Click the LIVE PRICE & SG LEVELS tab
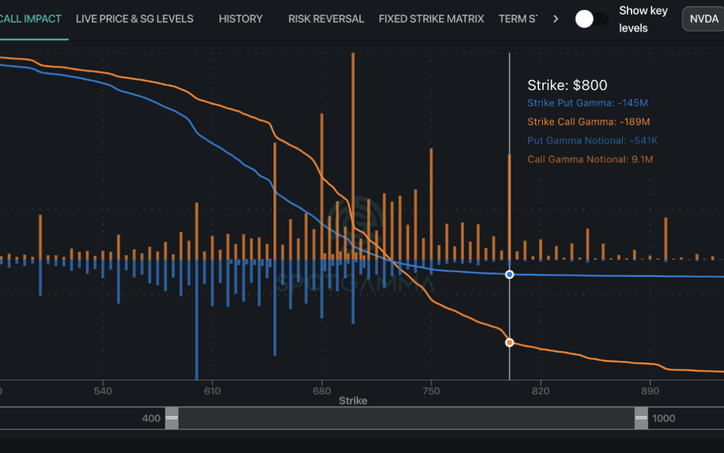[134, 19]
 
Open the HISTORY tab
[241, 19]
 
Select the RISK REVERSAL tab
[326, 19]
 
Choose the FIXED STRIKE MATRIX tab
[431, 19]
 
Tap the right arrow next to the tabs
[556, 19]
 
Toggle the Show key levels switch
[591, 19]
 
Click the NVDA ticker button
[704, 19]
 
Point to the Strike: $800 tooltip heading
[567, 85]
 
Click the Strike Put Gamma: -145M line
[587, 103]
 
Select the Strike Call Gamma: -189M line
[589, 122]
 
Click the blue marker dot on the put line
[509, 274]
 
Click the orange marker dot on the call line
[509, 342]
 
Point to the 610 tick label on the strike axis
[212, 391]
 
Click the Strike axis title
[353, 401]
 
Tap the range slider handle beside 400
[172, 418]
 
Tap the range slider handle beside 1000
[642, 418]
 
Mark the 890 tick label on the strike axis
[650, 391]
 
